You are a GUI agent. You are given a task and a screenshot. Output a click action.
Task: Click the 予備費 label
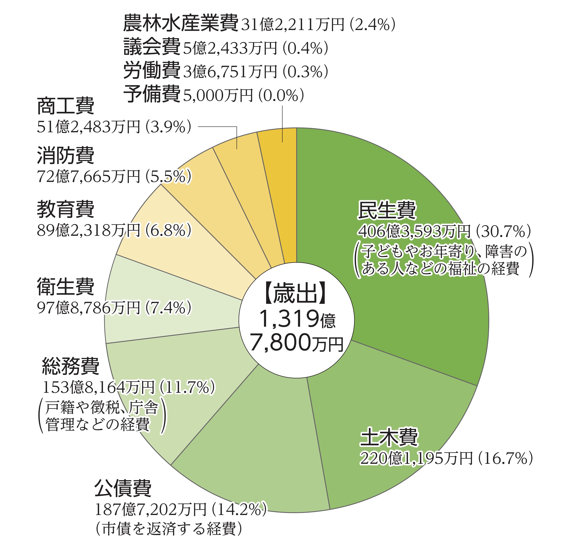[152, 94]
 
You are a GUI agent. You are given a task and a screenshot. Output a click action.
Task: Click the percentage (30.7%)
[503, 232]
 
